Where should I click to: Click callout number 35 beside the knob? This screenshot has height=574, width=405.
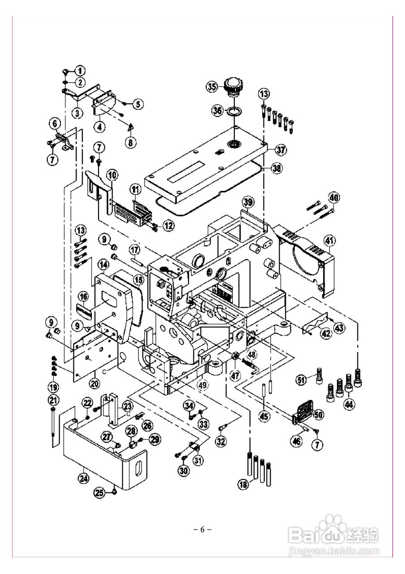tap(211, 87)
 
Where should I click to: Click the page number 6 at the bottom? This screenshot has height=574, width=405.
tap(202, 529)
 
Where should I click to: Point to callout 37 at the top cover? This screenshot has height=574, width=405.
tap(281, 149)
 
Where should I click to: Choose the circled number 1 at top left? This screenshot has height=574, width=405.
tap(79, 70)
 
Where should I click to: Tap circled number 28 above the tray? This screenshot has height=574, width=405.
tap(131, 431)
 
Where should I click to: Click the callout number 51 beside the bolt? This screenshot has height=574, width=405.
tap(301, 381)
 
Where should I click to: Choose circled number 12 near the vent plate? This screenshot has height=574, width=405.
tap(168, 226)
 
